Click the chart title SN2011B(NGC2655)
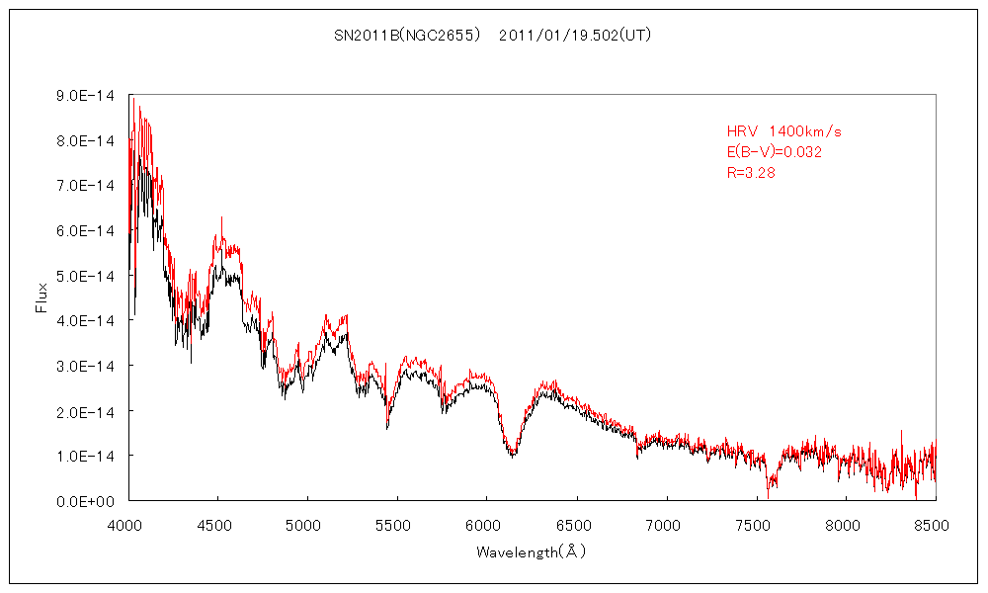click(x=407, y=35)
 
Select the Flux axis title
click(x=41, y=297)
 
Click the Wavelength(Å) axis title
click(x=531, y=551)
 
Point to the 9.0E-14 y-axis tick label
click(x=87, y=96)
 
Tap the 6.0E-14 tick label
click(x=87, y=230)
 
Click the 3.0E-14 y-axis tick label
click(x=87, y=366)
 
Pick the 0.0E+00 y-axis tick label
click(x=87, y=501)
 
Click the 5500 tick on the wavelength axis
click(x=396, y=526)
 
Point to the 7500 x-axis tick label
click(x=755, y=526)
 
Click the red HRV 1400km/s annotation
click(x=783, y=131)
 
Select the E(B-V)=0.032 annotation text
click(x=775, y=152)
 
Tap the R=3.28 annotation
click(x=753, y=173)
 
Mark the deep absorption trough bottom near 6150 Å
click(x=512, y=454)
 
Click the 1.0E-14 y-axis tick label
click(x=87, y=456)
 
